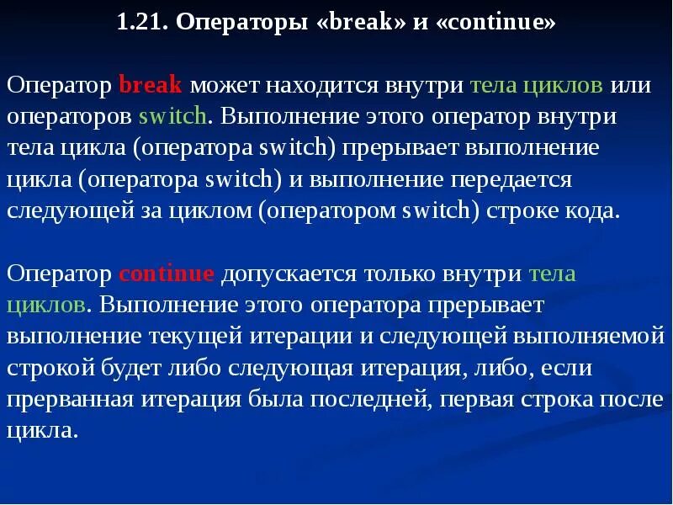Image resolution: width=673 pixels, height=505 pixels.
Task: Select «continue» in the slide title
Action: pos(496,23)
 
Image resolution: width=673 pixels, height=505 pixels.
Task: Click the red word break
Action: pos(151,86)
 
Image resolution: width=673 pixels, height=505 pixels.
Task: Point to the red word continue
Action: pos(167,274)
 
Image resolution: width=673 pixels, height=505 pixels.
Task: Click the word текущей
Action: pos(197,337)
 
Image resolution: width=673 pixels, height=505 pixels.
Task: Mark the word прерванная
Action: pos(68,399)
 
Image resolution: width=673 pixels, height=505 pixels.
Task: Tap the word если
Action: pos(567,368)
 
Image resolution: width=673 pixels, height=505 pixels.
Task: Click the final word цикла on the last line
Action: pos(41,431)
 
